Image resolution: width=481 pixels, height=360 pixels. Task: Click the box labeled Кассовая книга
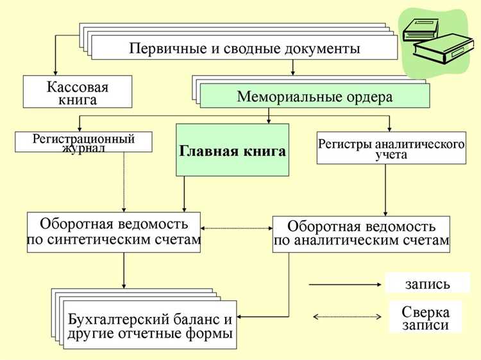(x=78, y=92)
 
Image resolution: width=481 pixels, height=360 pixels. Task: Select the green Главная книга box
(x=232, y=150)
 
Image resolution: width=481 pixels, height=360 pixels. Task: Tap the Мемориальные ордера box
(x=314, y=96)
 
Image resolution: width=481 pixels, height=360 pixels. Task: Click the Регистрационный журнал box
(x=83, y=142)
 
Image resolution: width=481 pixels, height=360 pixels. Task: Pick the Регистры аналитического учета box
(x=391, y=148)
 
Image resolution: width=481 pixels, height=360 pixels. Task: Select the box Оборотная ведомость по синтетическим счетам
(x=114, y=232)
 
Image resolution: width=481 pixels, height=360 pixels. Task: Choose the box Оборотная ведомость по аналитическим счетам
(x=361, y=234)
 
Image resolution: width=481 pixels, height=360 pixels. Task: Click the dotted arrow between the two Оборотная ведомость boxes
(x=237, y=228)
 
